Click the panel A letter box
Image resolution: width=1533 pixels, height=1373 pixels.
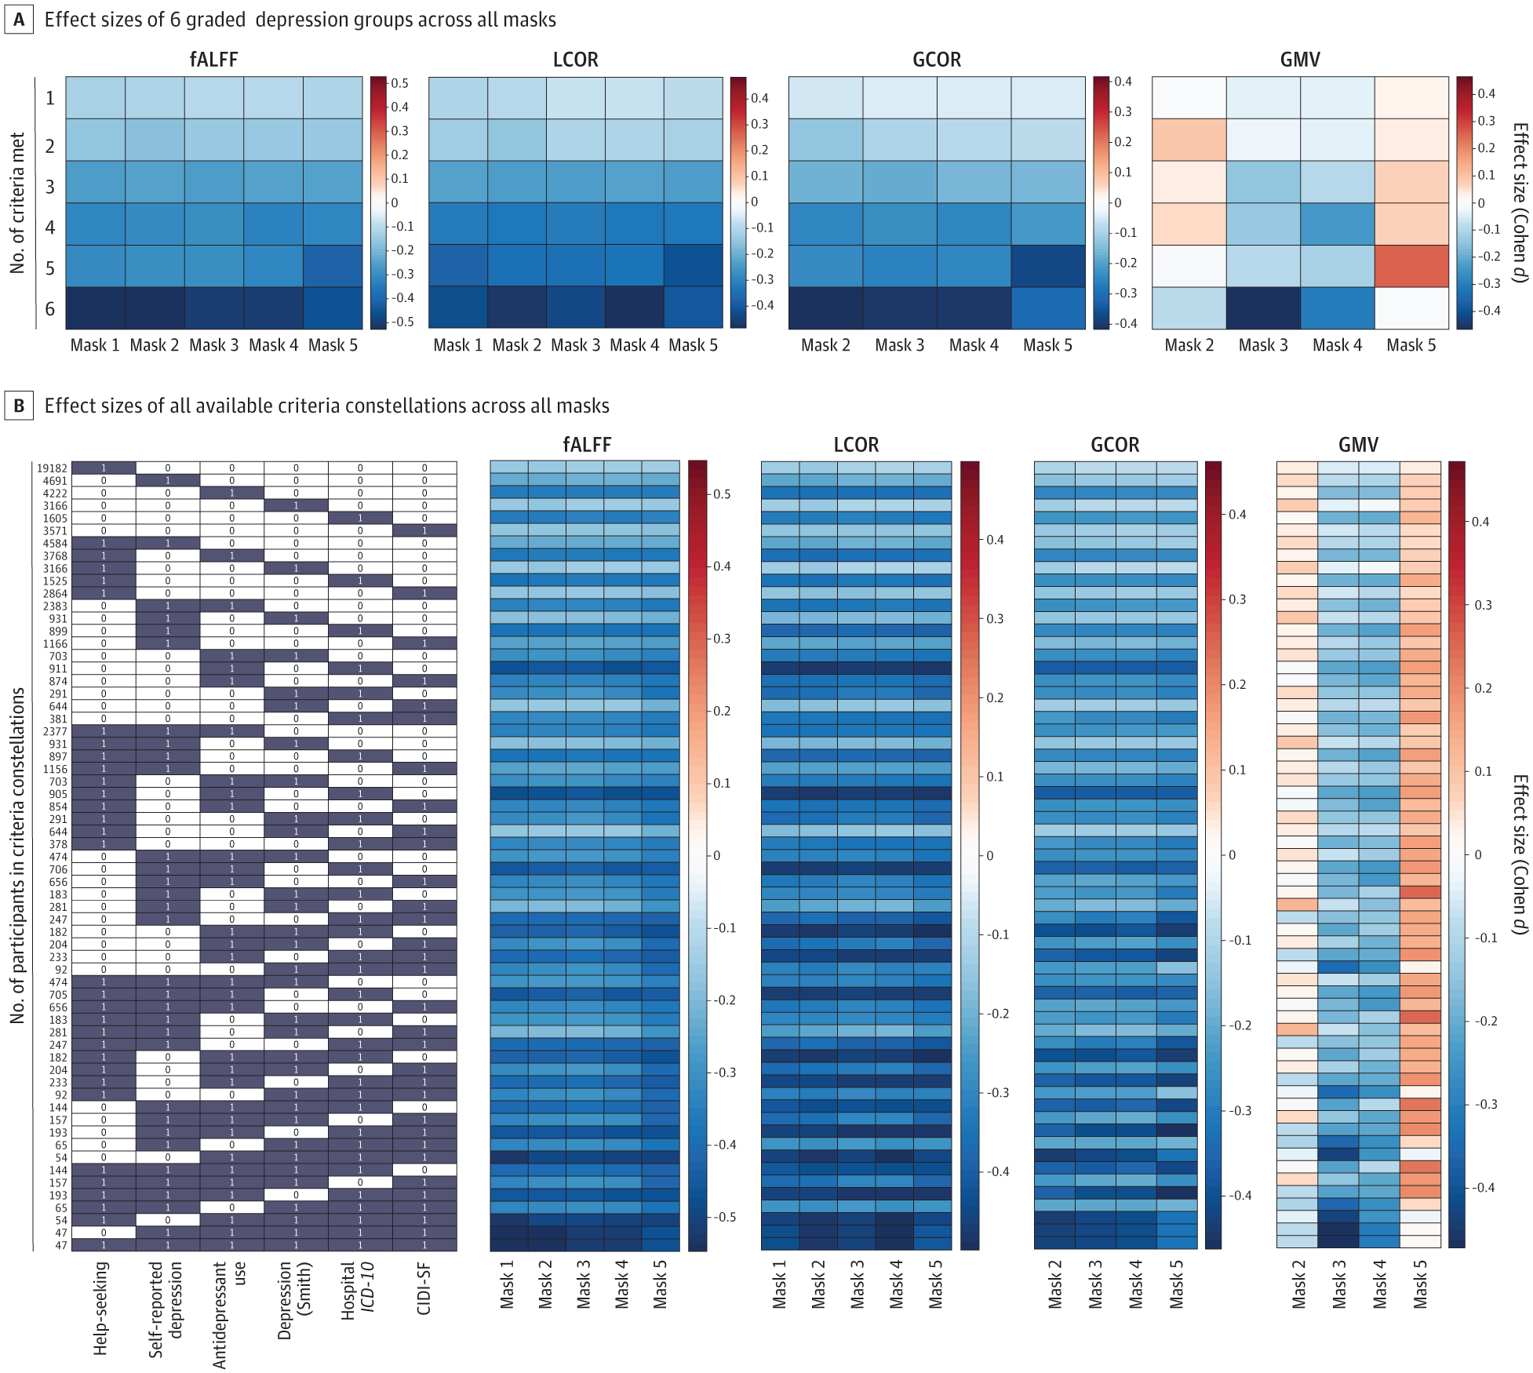tap(19, 20)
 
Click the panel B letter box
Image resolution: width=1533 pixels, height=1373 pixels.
tap(19, 406)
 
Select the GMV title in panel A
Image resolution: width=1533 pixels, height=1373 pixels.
tap(1300, 60)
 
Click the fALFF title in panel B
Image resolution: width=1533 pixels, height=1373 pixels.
tap(587, 445)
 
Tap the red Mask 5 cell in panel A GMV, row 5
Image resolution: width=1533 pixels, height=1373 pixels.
tap(1411, 266)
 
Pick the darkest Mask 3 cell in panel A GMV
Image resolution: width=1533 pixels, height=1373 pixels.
tap(1263, 308)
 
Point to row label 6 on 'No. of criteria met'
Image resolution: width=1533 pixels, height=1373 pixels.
tap(50, 309)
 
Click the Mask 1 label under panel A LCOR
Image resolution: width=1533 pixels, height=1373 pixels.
tap(458, 345)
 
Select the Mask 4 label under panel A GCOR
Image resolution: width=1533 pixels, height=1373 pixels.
tap(974, 345)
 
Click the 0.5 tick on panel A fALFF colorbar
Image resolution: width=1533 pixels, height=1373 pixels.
tap(400, 83)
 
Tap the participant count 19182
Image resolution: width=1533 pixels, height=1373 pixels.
tap(52, 468)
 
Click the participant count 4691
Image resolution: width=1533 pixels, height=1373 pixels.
tap(55, 481)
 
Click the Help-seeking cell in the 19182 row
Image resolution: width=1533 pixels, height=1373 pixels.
tap(104, 468)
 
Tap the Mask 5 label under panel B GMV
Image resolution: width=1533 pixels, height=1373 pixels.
tap(1420, 1284)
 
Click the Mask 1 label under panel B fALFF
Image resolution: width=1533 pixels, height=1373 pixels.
tap(508, 1284)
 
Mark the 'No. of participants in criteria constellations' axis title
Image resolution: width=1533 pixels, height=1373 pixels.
tap(18, 855)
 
